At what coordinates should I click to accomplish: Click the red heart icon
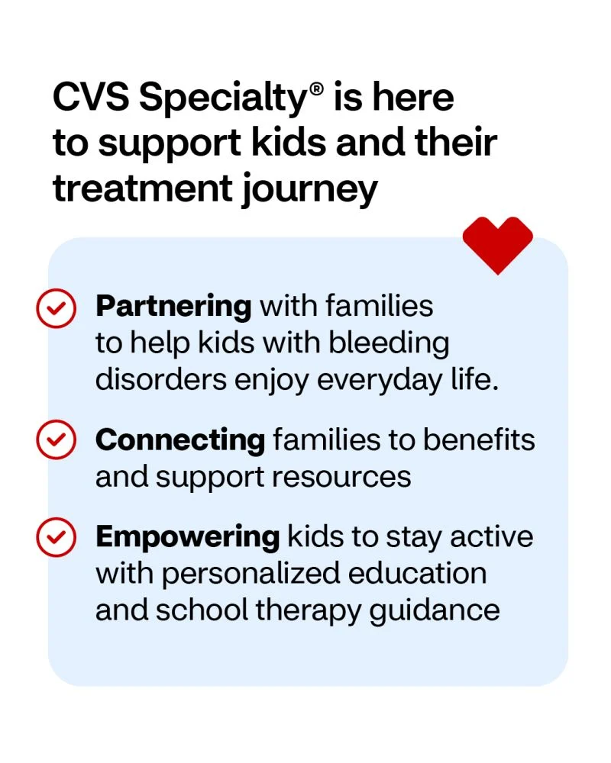[497, 244]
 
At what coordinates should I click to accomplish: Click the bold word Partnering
[173, 307]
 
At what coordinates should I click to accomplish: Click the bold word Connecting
[180, 440]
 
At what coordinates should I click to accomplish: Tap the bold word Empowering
[188, 538]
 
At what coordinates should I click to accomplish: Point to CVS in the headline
[91, 98]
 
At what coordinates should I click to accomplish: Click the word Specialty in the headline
[222, 99]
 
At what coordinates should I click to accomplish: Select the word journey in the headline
[310, 190]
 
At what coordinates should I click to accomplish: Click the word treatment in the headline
[143, 188]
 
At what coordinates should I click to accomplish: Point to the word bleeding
[389, 343]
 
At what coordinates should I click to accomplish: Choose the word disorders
[161, 379]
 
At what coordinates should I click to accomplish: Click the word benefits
[479, 439]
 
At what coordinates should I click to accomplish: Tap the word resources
[341, 478]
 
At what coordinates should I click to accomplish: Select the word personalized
[251, 575]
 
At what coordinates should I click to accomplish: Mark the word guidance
[435, 611]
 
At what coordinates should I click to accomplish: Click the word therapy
[309, 611]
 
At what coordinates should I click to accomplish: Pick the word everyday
[380, 381]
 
